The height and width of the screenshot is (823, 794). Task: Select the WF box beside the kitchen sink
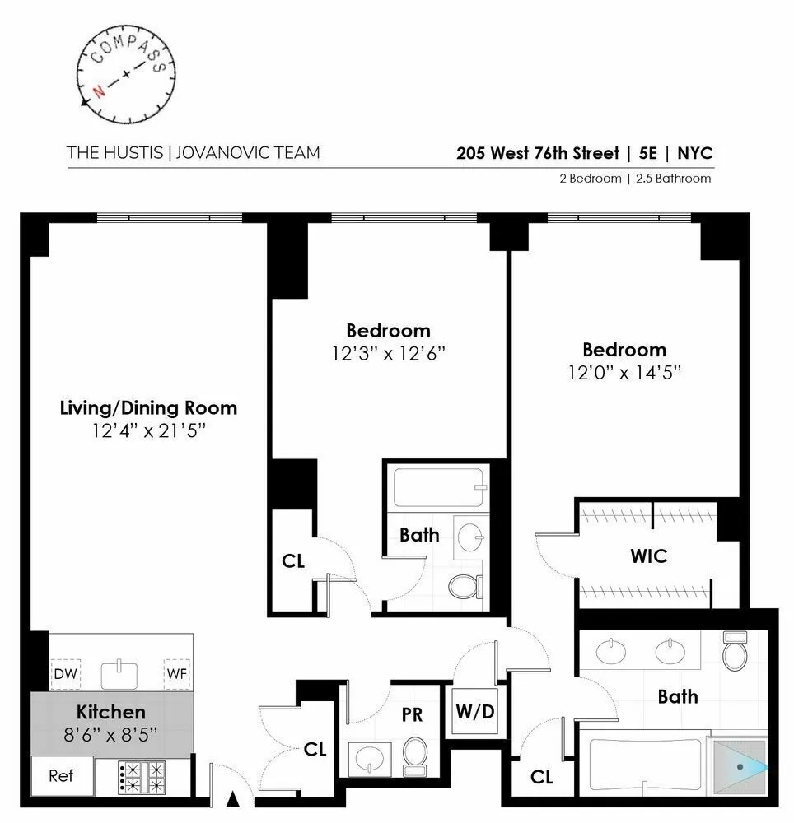176,674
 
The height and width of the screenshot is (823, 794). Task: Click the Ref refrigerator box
61,775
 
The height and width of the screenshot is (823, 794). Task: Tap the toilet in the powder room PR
414,756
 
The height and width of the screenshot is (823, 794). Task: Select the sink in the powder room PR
371,755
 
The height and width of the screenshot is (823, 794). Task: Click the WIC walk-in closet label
648,556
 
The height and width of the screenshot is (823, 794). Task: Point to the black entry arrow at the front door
233,797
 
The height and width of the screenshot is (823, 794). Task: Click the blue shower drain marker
740,767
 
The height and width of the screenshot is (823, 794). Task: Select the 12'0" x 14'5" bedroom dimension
624,373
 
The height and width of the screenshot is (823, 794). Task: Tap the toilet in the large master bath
733,653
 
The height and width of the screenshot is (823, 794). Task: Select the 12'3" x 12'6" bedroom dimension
388,353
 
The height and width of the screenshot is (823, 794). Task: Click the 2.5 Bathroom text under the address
670,178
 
